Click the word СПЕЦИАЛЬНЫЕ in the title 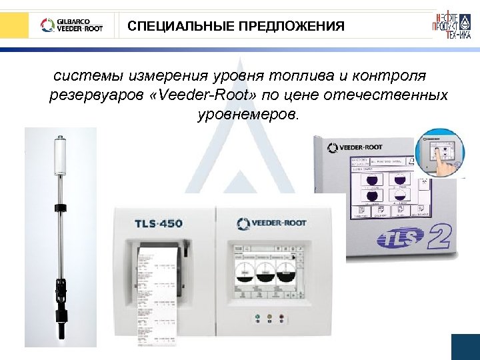pos(177,27)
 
